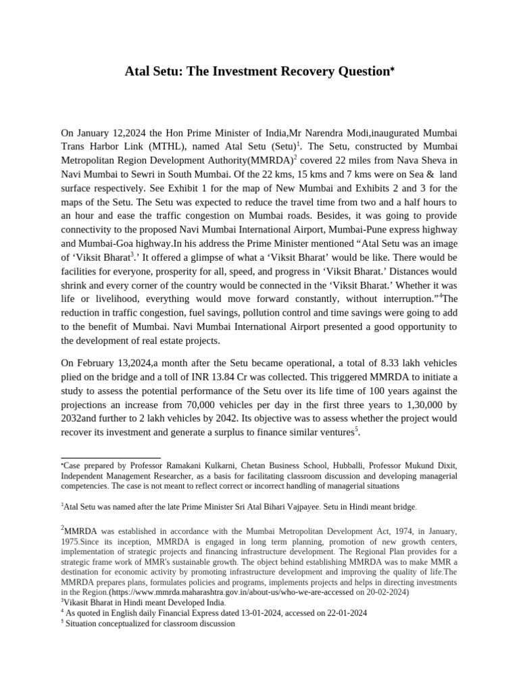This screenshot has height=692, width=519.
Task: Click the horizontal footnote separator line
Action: pos(111,458)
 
